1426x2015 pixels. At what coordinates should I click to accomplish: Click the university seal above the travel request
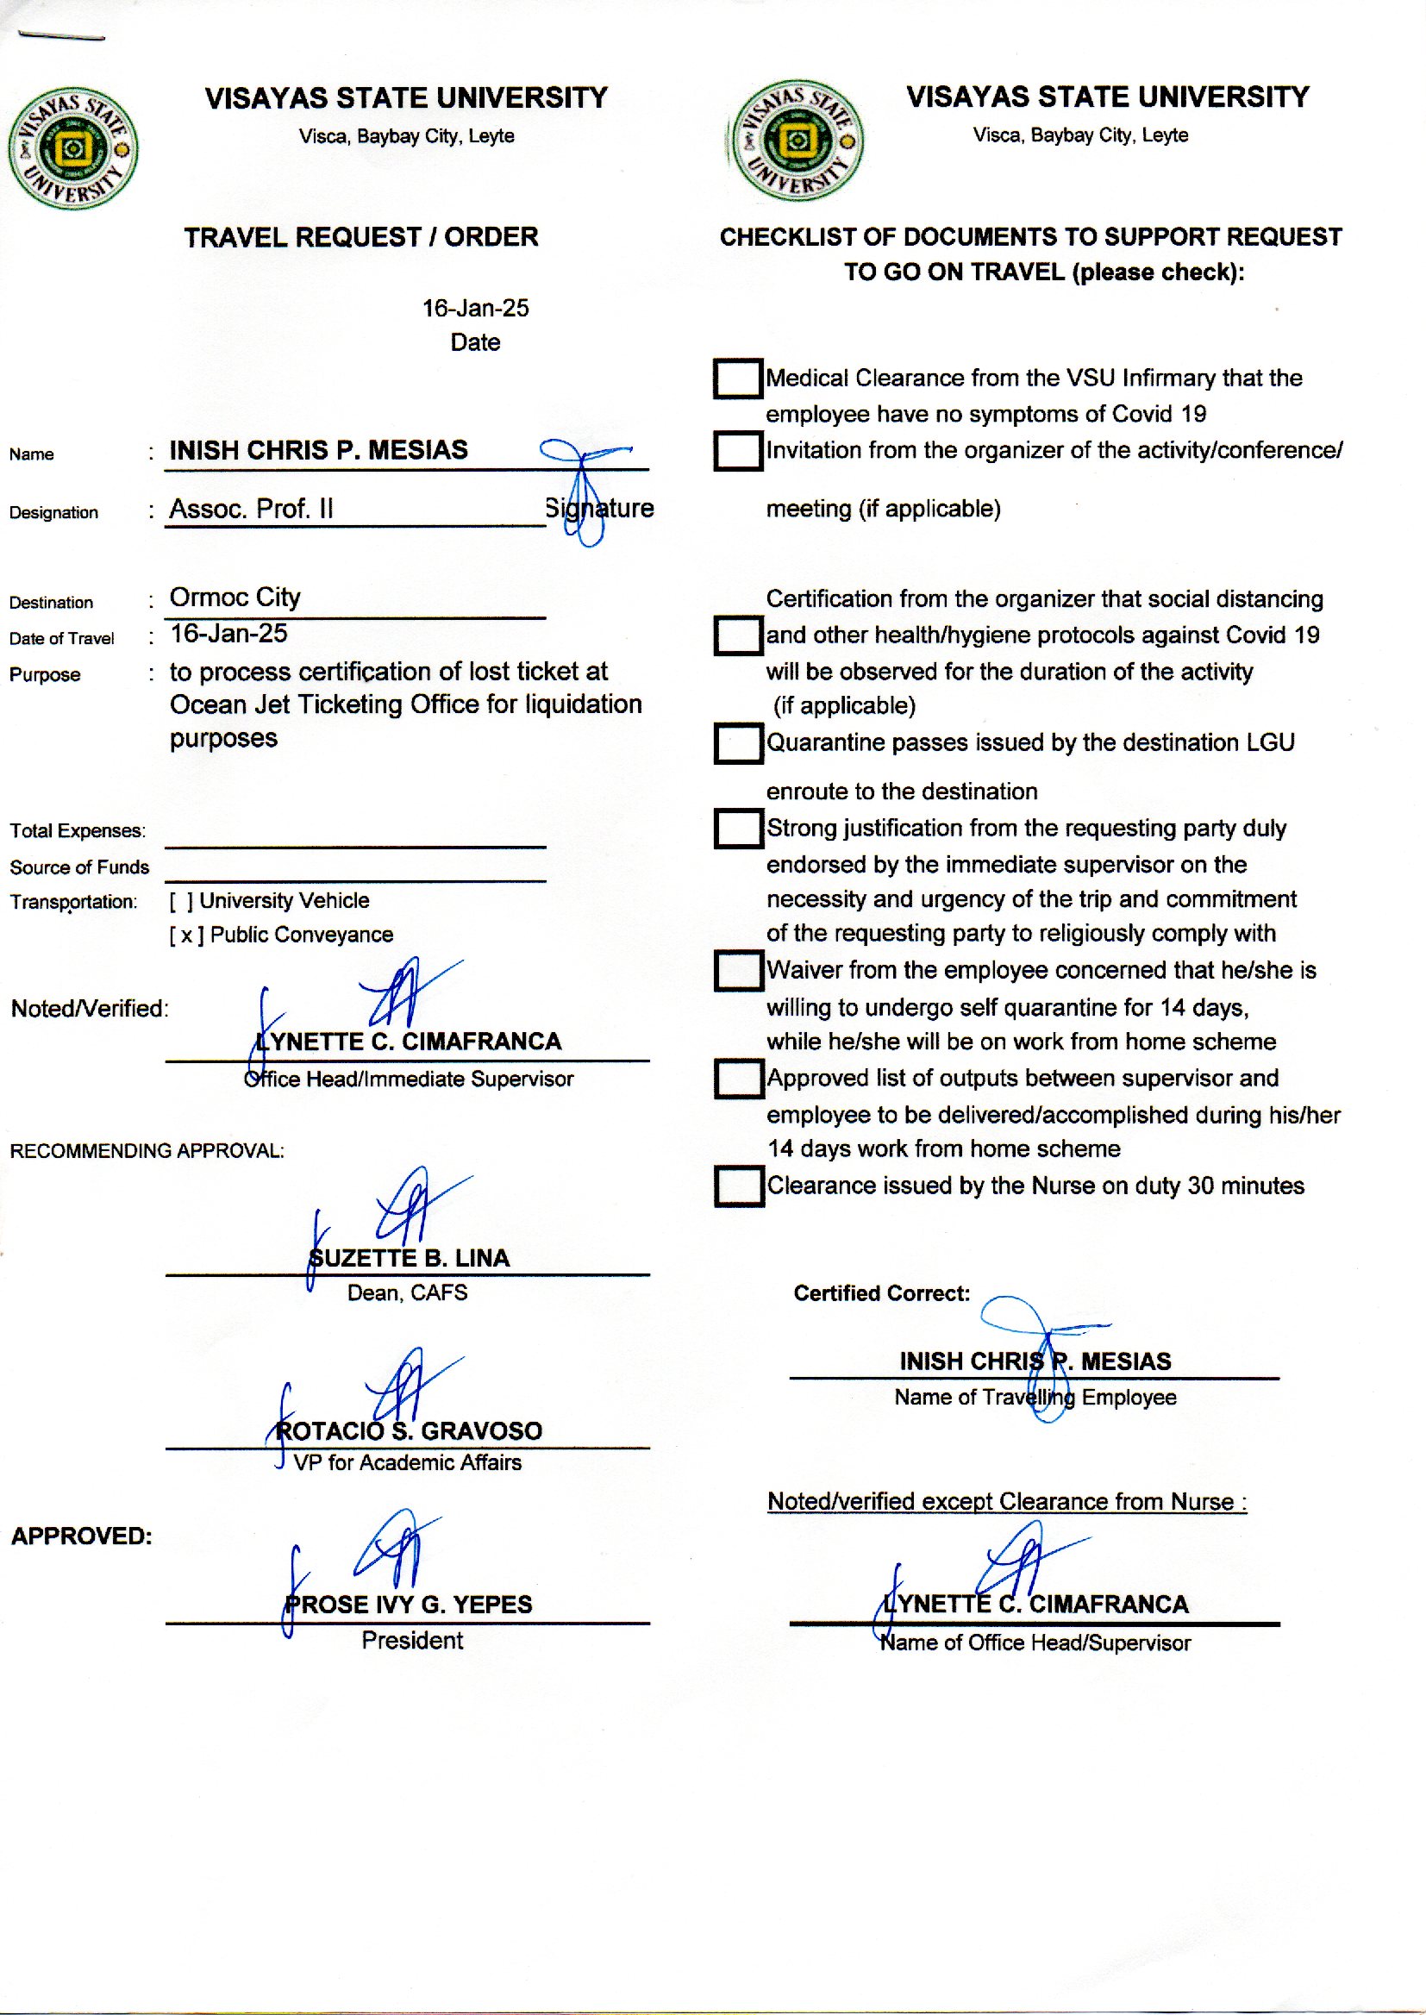point(73,148)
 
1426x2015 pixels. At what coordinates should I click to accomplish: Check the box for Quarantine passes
point(738,742)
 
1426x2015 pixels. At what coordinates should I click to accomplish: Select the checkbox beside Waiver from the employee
point(738,970)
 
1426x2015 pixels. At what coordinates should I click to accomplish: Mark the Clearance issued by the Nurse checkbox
point(738,1186)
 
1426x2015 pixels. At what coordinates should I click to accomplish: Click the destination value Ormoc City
point(235,598)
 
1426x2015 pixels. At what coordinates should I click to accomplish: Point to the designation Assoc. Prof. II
point(251,509)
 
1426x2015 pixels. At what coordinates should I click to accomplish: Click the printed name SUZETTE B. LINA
point(410,1258)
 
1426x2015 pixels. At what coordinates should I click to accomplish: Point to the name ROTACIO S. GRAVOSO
point(410,1431)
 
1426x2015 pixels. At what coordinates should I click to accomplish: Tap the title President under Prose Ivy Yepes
point(412,1640)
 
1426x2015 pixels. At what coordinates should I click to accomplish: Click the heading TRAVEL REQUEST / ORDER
point(361,237)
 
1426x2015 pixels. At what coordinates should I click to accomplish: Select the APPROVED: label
point(82,1536)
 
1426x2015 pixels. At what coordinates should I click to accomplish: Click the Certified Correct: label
point(882,1293)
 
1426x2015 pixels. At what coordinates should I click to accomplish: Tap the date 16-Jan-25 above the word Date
point(475,308)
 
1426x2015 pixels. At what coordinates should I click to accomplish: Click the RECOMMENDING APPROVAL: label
point(147,1151)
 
